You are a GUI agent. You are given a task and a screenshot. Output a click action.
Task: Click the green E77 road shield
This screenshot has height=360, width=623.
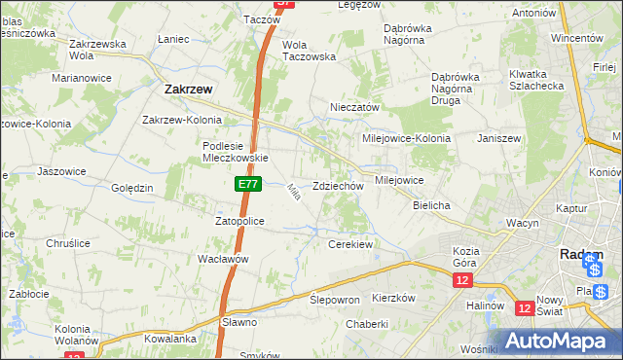247,183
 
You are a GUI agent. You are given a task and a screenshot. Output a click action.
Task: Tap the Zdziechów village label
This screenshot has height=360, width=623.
338,186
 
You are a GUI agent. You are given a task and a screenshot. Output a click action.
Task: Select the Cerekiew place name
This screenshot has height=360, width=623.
351,244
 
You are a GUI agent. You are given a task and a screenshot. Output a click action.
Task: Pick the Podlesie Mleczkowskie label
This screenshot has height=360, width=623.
235,152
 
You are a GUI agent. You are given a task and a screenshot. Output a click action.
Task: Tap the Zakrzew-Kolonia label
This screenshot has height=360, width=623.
184,120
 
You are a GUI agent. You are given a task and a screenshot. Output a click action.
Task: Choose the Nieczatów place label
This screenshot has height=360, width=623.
354,107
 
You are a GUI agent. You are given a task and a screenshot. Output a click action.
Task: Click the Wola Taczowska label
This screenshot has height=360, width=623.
309,51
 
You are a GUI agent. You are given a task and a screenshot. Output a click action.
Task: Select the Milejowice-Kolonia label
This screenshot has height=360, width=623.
406,138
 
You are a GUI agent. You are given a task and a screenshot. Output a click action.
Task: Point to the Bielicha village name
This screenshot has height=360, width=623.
431,206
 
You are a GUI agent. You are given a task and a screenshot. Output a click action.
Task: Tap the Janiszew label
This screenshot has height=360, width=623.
499,138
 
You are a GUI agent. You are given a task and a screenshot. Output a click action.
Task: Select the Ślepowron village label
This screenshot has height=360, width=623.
335,300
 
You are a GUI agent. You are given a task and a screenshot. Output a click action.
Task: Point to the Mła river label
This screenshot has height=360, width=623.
292,194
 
